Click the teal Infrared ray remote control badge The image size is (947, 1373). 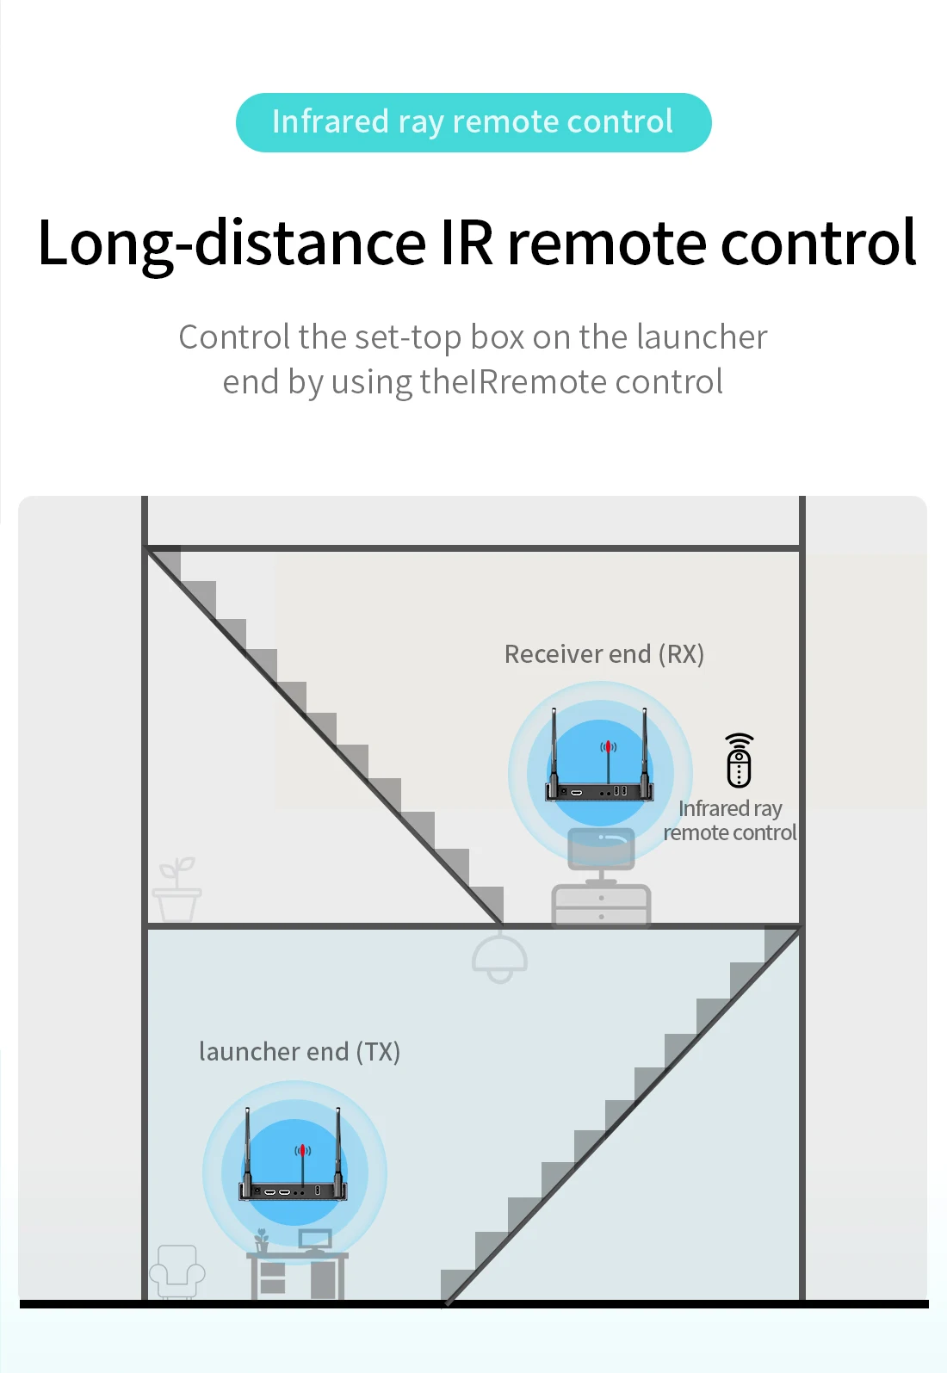(x=473, y=122)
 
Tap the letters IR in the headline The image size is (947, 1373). (x=467, y=243)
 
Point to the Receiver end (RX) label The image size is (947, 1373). (x=603, y=654)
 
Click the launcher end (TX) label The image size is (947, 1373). (x=299, y=1052)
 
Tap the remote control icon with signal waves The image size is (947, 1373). (x=739, y=761)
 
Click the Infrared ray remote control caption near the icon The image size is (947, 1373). (x=730, y=820)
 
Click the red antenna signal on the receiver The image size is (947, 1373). (x=609, y=746)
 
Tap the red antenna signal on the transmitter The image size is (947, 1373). (x=302, y=1150)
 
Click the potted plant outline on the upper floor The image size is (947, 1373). (x=177, y=890)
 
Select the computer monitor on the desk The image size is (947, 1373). (x=315, y=1240)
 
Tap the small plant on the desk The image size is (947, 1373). (x=262, y=1240)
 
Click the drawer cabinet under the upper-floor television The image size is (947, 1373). (x=601, y=906)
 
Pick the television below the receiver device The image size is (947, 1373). (x=601, y=849)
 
